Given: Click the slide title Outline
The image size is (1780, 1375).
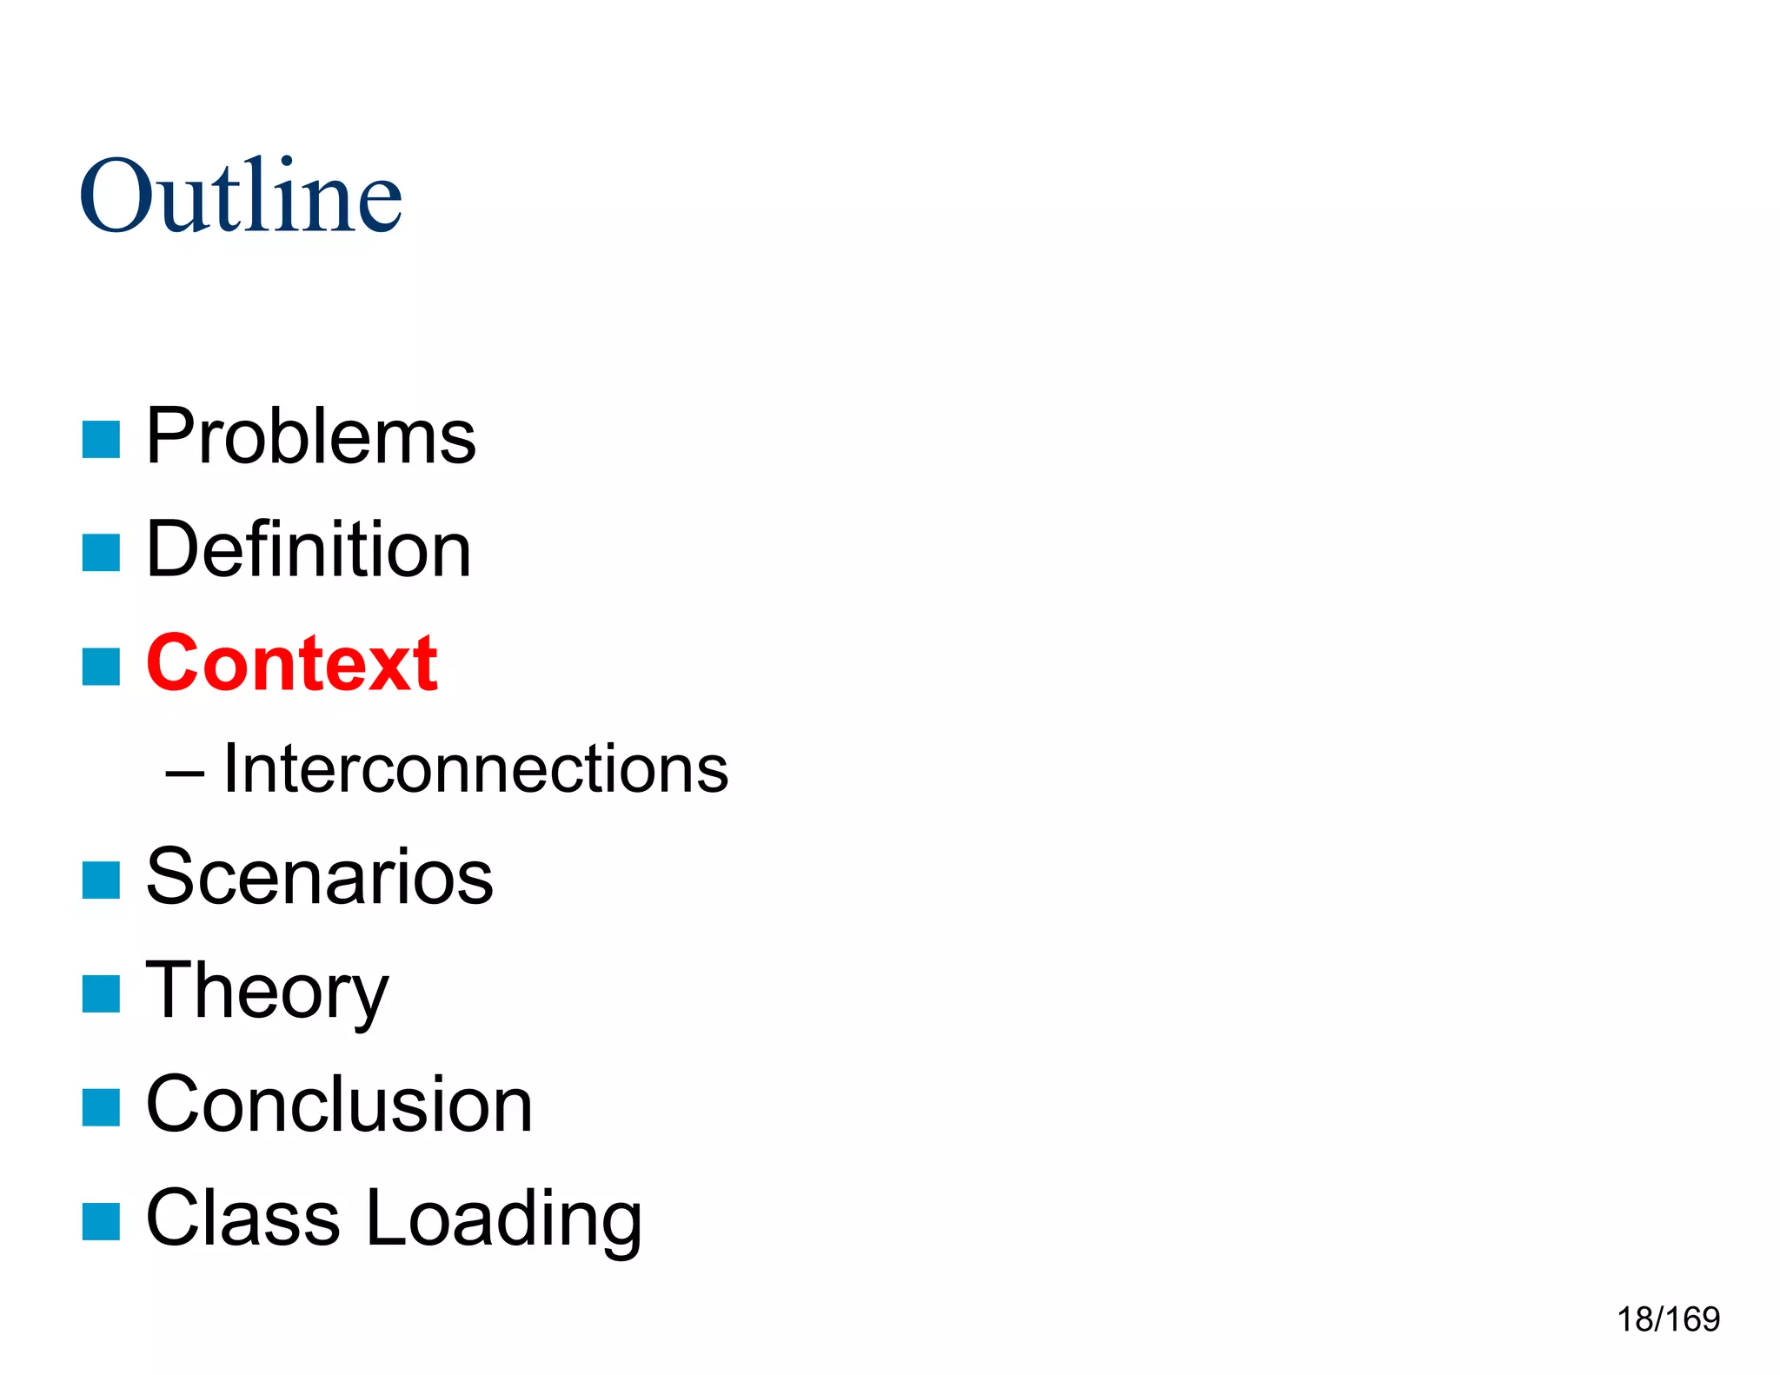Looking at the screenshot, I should coord(241,196).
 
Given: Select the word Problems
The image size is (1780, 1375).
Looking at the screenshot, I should coord(310,436).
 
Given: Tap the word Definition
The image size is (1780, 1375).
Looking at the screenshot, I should coord(309,549).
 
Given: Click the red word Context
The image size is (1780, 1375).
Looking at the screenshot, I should coord(292,663).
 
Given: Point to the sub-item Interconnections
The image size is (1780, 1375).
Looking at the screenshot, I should coord(475,768).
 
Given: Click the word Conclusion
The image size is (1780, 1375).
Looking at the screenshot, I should coord(339,1104).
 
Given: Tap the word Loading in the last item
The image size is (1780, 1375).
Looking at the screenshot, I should coord(504,1219).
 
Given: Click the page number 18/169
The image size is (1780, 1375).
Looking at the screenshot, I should coord(1668,1319).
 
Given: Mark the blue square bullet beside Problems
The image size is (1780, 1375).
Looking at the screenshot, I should coord(101,439).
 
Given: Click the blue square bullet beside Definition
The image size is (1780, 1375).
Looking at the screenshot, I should coord(101,553).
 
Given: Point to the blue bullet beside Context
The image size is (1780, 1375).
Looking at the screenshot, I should coord(101,667).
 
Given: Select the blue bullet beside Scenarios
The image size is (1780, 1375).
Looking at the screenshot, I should coord(101,880).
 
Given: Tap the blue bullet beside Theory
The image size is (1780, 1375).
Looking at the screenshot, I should coord(101,993).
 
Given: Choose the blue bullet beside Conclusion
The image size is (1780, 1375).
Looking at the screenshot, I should coord(101,1107).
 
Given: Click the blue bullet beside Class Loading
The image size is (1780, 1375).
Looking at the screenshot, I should coord(101,1221).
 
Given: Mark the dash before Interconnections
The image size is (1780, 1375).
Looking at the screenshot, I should coord(184,772).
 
